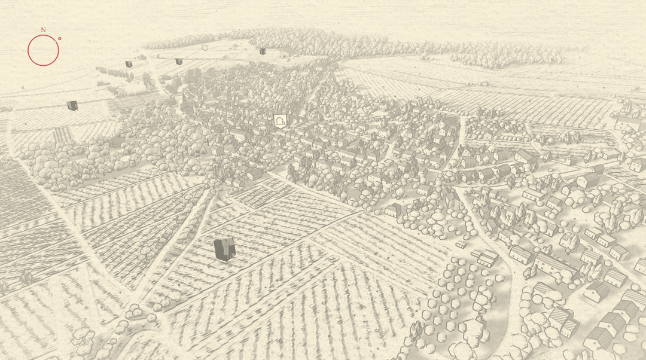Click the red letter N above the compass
[x=43, y=29]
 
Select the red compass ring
[x=43, y=50]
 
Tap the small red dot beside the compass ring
[x=60, y=38]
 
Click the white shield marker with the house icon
[x=279, y=121]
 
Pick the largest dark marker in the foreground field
[x=224, y=249]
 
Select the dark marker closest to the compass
[x=72, y=105]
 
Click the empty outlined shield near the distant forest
[x=205, y=47]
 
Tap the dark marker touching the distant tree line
[x=263, y=51]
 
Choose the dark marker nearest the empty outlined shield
[x=179, y=61]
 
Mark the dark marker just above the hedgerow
[x=129, y=64]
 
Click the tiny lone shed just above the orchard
[x=461, y=245]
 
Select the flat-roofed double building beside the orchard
[x=485, y=257]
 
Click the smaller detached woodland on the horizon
[x=508, y=55]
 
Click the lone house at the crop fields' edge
[x=393, y=210]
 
